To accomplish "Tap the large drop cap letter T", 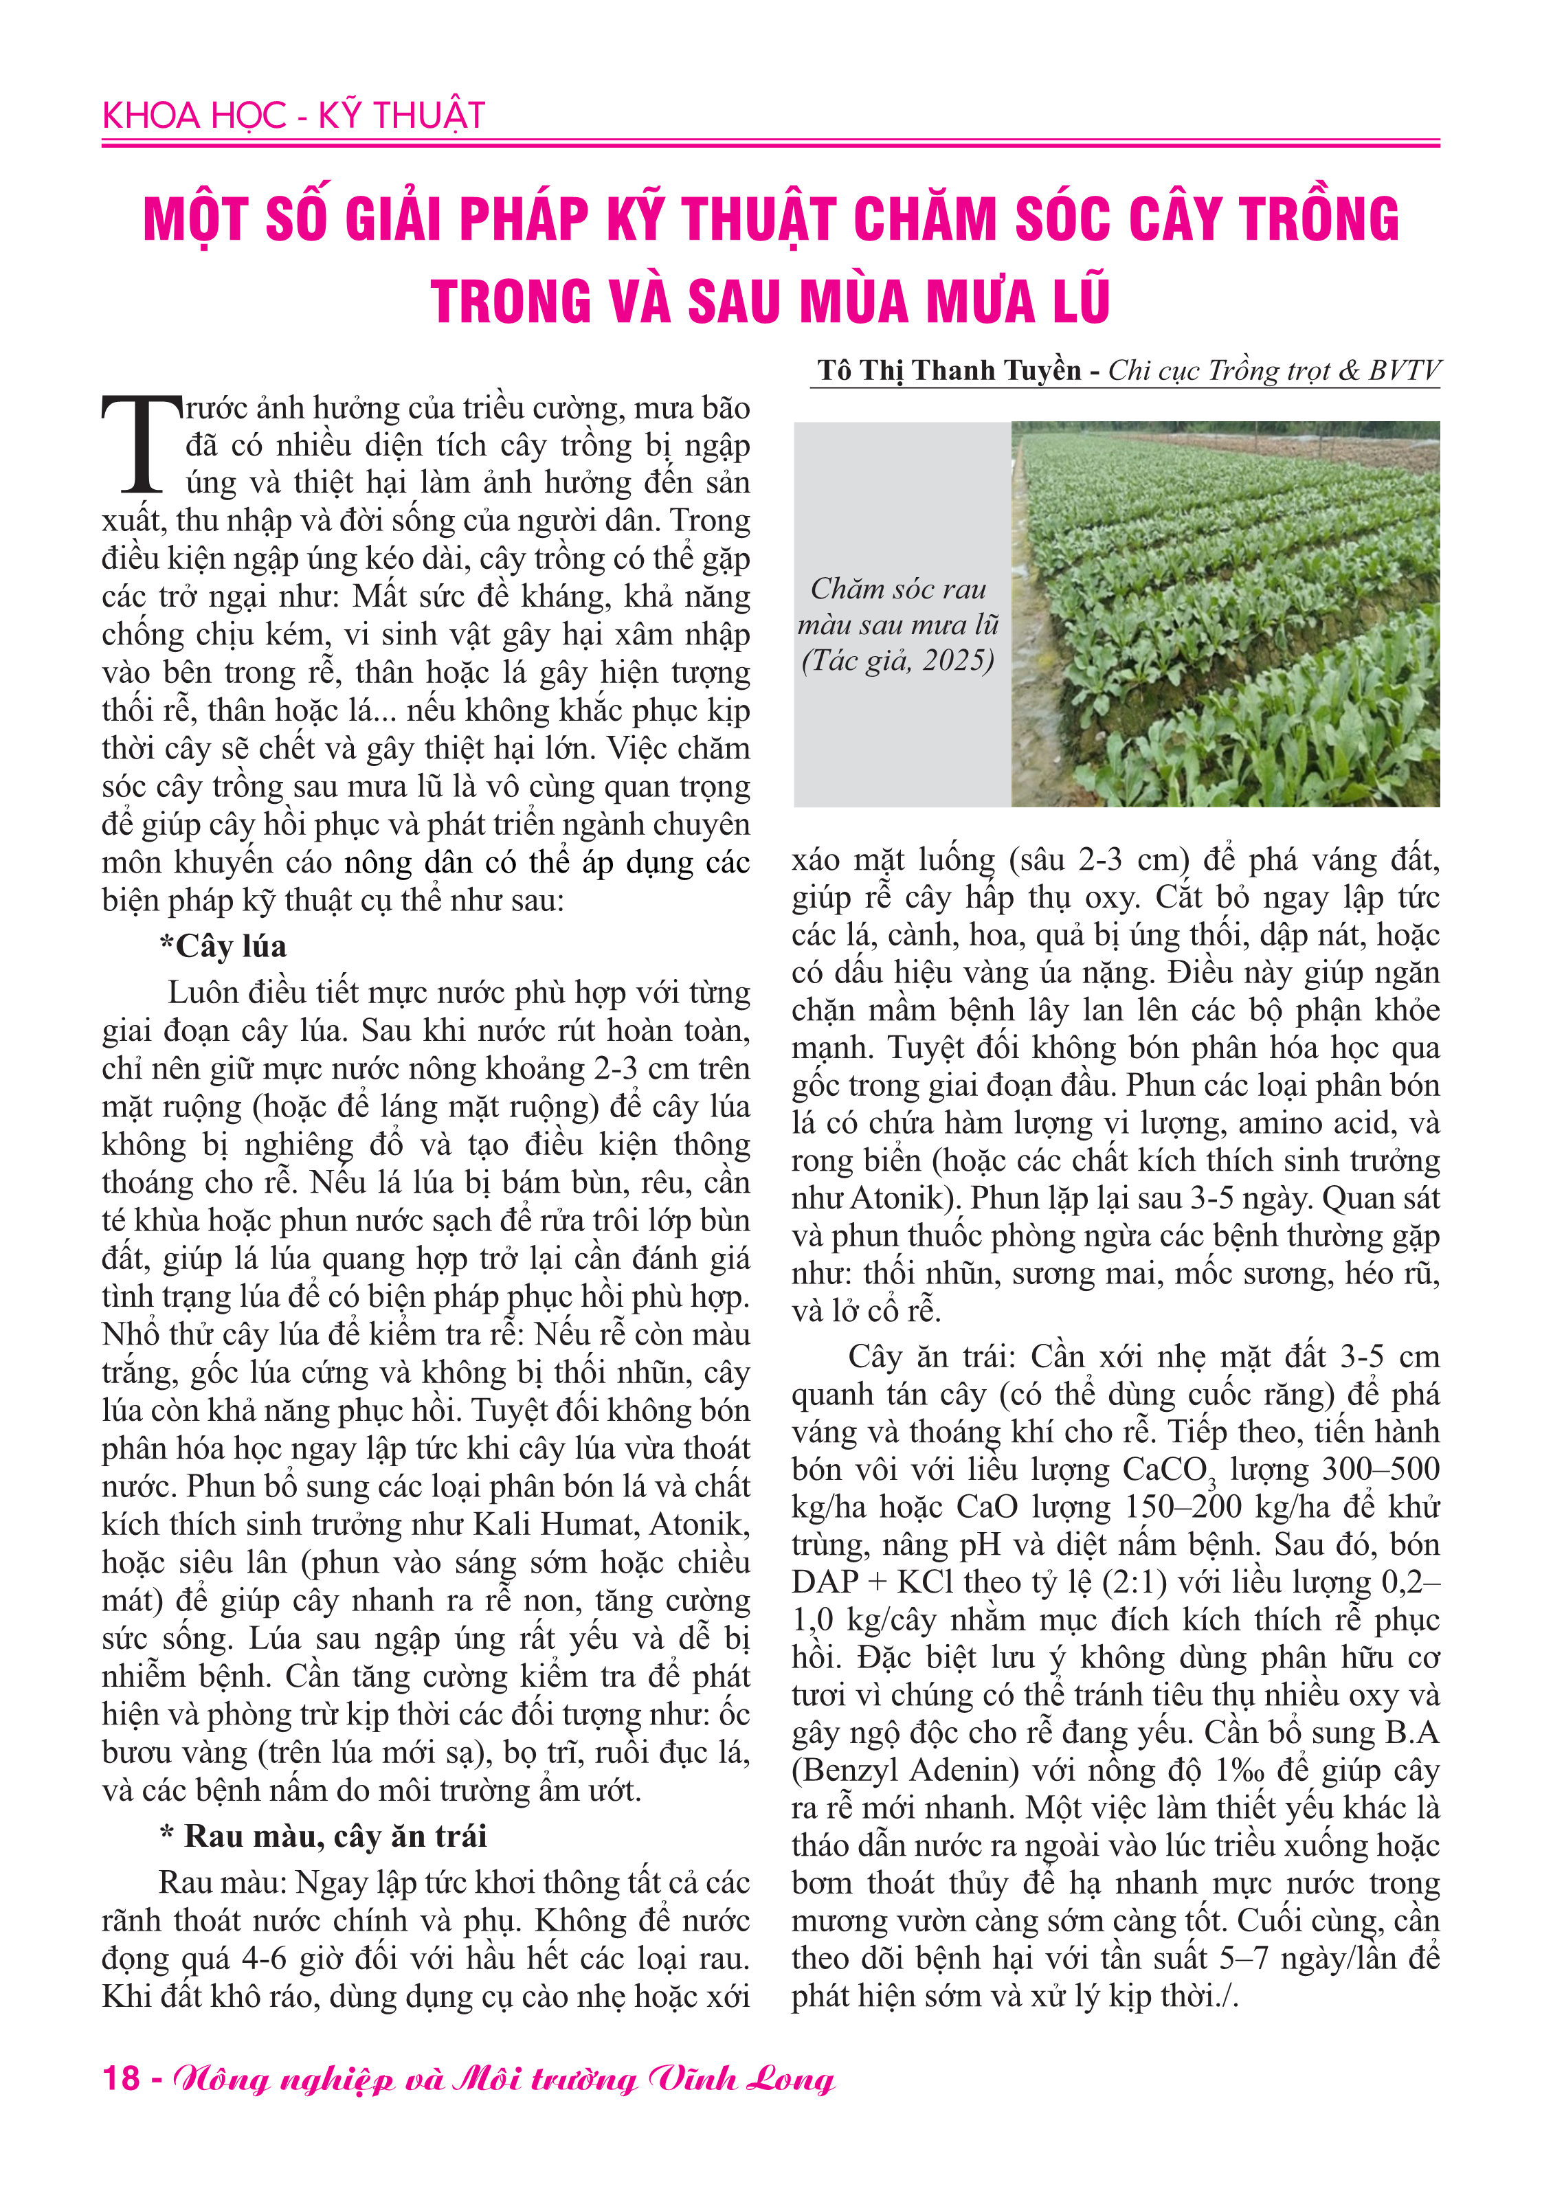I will point(142,445).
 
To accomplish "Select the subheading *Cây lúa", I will point(223,945).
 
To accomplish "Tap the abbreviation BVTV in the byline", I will point(1404,370).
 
